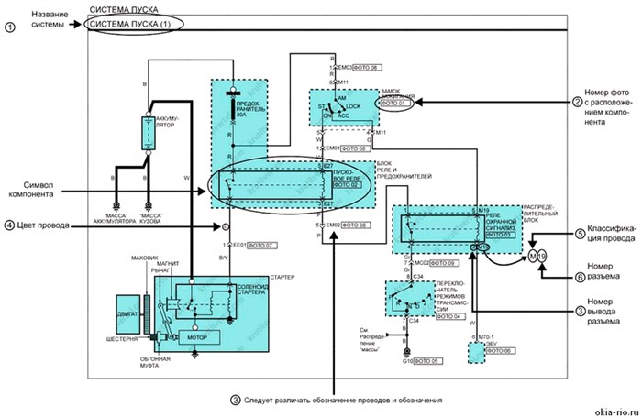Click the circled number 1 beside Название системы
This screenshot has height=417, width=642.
(x=11, y=27)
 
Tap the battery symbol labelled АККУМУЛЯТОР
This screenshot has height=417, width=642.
(x=148, y=133)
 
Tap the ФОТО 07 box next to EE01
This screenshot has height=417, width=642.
(x=262, y=246)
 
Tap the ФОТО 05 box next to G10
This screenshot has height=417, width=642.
(x=428, y=362)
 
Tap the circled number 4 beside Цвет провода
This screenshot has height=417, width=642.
(x=11, y=225)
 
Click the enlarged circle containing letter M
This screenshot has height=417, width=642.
(x=515, y=255)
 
